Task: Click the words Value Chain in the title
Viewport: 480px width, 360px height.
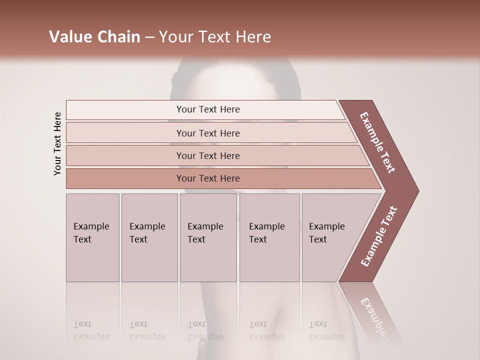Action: [x=94, y=37]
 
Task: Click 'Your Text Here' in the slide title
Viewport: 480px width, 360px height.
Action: [x=215, y=37]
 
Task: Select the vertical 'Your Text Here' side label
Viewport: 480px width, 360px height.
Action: [x=58, y=143]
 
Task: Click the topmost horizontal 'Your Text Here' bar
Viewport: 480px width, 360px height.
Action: [x=208, y=109]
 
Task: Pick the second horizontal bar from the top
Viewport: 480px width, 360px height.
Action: [x=208, y=133]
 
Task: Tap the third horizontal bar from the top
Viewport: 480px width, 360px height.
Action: [x=208, y=155]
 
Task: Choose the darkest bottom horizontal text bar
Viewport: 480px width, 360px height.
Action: [x=208, y=178]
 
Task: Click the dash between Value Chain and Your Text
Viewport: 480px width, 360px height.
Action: [x=149, y=37]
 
